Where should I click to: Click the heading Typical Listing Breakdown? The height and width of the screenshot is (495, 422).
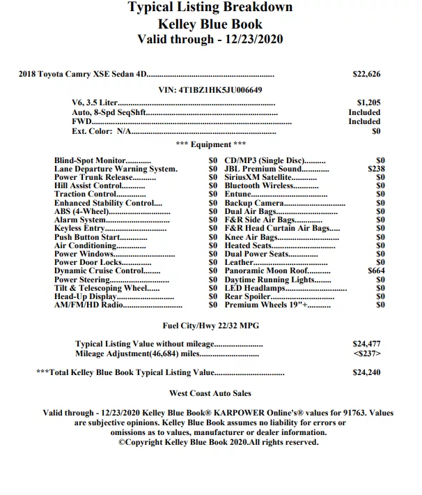pos(210,8)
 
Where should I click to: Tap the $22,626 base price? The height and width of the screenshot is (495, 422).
pos(366,74)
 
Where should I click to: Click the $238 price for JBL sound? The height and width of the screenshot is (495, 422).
pos(376,169)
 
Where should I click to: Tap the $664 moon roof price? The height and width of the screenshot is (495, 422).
pos(376,271)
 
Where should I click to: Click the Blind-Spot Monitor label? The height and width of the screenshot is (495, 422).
pos(89,160)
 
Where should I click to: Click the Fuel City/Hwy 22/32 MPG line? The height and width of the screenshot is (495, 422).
pos(210,325)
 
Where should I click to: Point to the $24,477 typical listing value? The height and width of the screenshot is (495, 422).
pos(366,344)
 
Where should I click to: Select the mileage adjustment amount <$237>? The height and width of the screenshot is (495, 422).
pos(366,353)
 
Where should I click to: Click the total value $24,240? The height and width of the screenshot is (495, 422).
pos(366,373)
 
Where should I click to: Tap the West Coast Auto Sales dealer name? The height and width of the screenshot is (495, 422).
pos(210,394)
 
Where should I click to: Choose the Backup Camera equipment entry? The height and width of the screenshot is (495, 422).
pos(254,203)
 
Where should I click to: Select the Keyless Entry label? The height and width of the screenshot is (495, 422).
pos(79,228)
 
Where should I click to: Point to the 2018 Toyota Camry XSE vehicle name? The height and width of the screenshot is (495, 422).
pos(83,74)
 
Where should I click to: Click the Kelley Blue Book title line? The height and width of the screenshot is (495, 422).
pos(210,23)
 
